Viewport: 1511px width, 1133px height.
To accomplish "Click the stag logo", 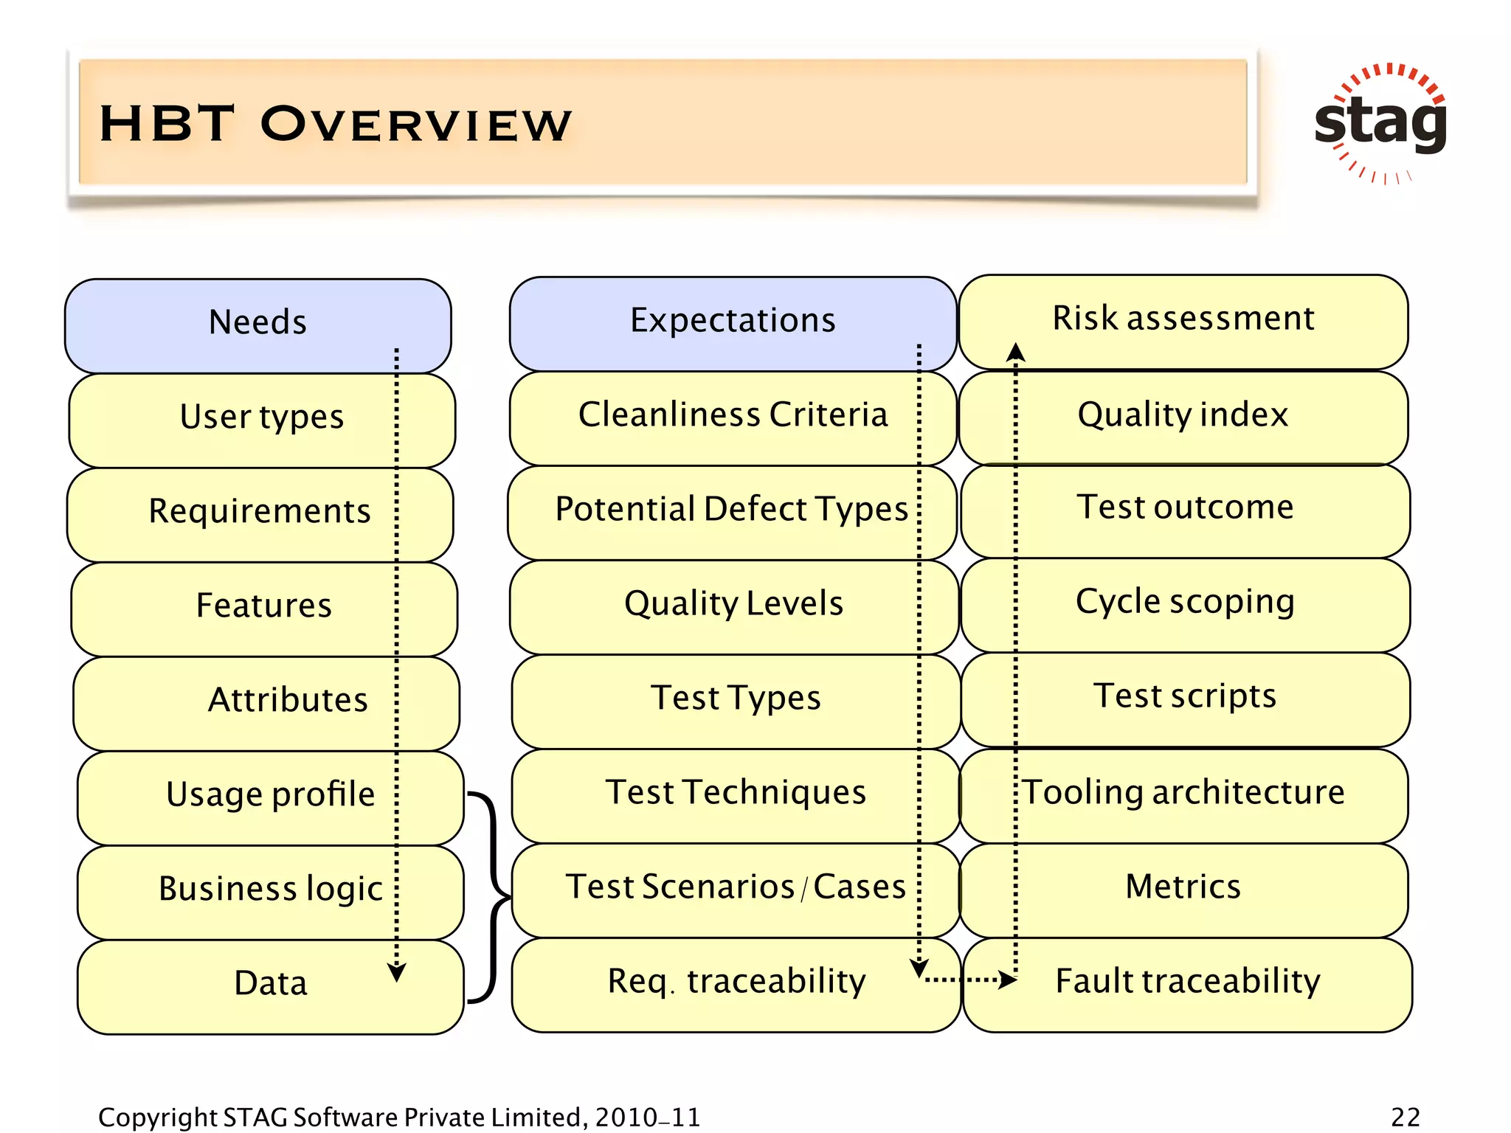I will [x=1380, y=122].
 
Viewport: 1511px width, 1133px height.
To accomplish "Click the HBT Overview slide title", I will [x=336, y=123].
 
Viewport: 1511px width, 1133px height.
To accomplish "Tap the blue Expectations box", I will [x=732, y=322].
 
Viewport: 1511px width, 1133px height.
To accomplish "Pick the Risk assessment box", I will [x=1183, y=319].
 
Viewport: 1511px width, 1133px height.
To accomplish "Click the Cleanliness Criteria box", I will [x=732, y=415].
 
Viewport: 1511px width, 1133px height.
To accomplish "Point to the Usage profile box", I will [x=270, y=795].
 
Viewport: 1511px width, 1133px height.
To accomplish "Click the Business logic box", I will [x=270, y=890].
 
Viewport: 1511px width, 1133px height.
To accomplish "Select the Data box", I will [x=270, y=984].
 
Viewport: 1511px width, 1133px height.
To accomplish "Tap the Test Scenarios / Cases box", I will [x=735, y=887].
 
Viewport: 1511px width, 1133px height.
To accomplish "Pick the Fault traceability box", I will [x=1187, y=982].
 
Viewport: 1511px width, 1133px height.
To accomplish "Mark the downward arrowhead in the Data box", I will [x=396, y=973].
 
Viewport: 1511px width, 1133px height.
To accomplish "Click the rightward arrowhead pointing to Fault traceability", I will [x=1007, y=980].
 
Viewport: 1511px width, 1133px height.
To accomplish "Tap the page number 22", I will [x=1405, y=1117].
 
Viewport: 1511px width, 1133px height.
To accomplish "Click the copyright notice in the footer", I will [x=399, y=1117].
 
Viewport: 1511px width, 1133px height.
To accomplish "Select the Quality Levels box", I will [x=733, y=604].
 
